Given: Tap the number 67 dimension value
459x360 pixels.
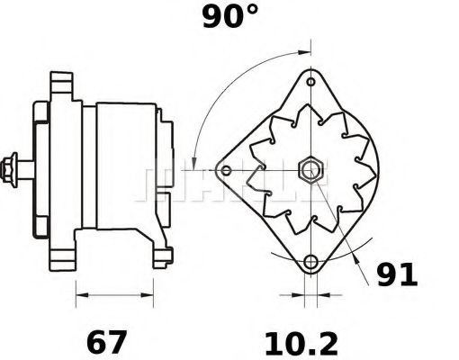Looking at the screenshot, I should click(x=106, y=342).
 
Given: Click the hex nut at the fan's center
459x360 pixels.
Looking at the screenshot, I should click(x=311, y=168).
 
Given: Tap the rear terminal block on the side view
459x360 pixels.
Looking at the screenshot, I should click(x=165, y=166).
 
